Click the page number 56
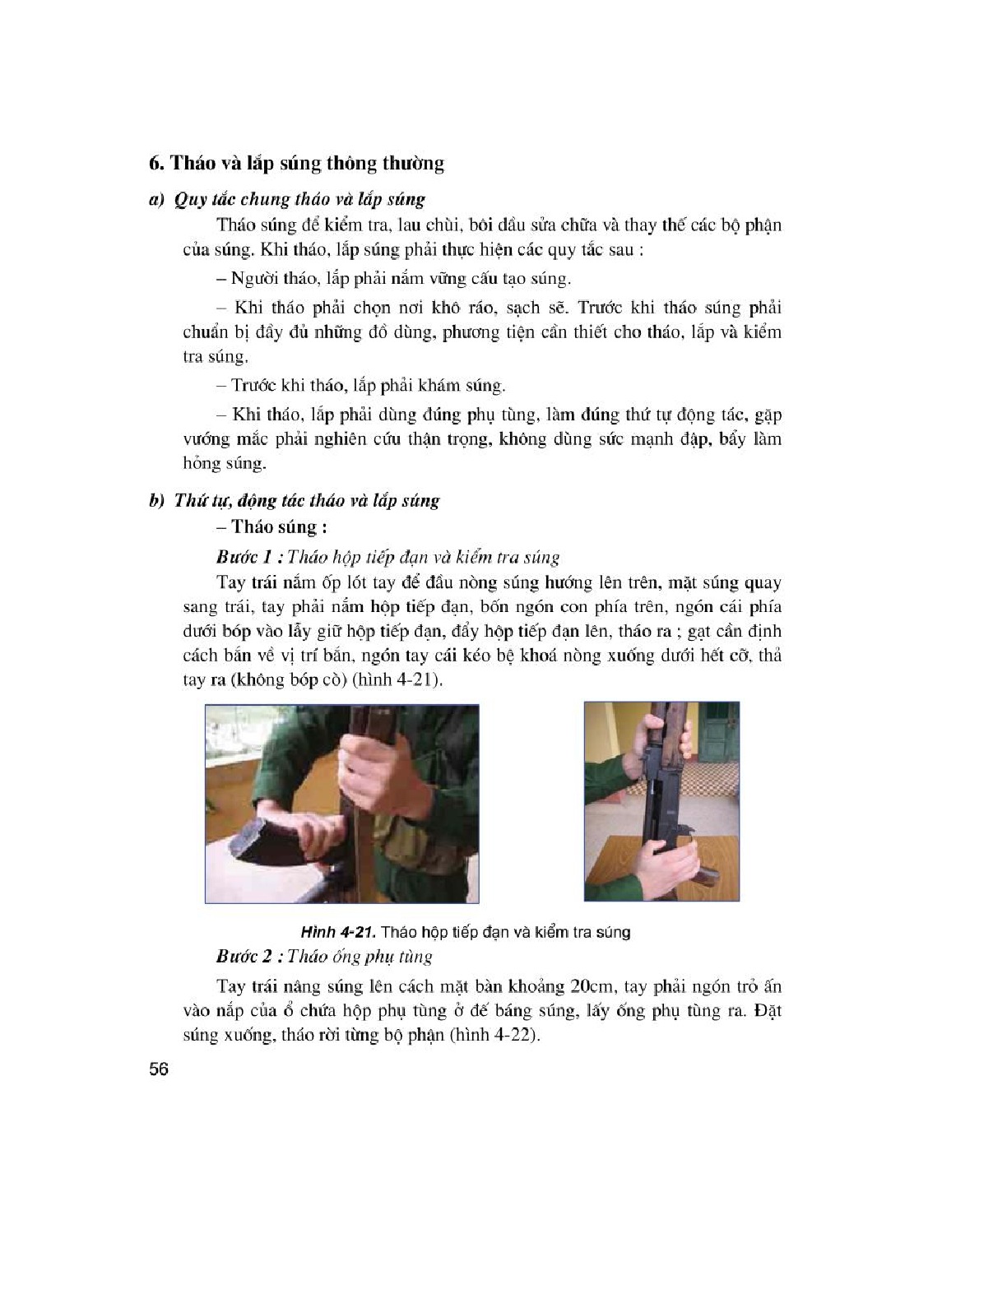pyautogui.click(x=159, y=1069)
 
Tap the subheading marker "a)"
pyautogui.click(x=157, y=199)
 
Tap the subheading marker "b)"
pyautogui.click(x=157, y=501)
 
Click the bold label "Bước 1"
pyautogui.click(x=244, y=558)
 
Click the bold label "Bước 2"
pyautogui.click(x=244, y=956)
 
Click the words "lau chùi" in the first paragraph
pyautogui.click(x=426, y=225)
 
